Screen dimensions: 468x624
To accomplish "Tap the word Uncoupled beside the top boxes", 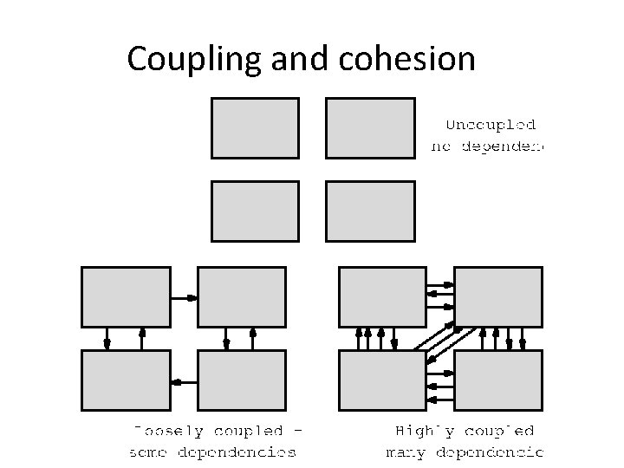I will [x=490, y=126].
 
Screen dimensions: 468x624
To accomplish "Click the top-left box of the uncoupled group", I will [x=255, y=127].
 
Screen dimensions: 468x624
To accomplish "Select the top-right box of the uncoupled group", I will [x=370, y=127].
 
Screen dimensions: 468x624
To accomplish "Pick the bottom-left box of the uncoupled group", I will [x=255, y=211].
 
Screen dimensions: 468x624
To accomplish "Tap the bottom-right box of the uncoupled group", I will [x=370, y=211].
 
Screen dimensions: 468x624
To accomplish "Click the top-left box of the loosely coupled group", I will [x=125, y=296].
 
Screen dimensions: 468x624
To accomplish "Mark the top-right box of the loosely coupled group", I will [x=241, y=296].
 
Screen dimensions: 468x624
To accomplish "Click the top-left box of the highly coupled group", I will [x=382, y=296].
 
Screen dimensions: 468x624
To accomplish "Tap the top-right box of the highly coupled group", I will [x=498, y=296].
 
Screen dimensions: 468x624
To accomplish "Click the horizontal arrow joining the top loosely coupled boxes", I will [x=183, y=297].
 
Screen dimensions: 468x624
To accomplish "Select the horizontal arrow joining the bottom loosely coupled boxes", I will [x=183, y=381].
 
